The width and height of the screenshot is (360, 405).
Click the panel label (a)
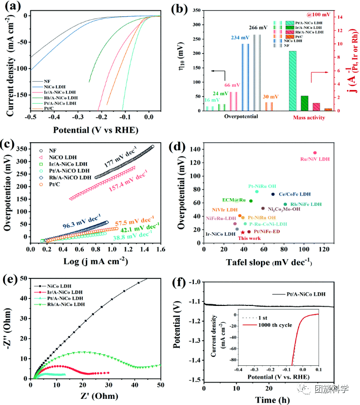coord(14,7)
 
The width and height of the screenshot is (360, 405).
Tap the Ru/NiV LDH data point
coord(315,152)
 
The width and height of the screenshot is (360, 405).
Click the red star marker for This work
coord(243,232)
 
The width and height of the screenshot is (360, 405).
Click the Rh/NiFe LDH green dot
coord(285,204)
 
